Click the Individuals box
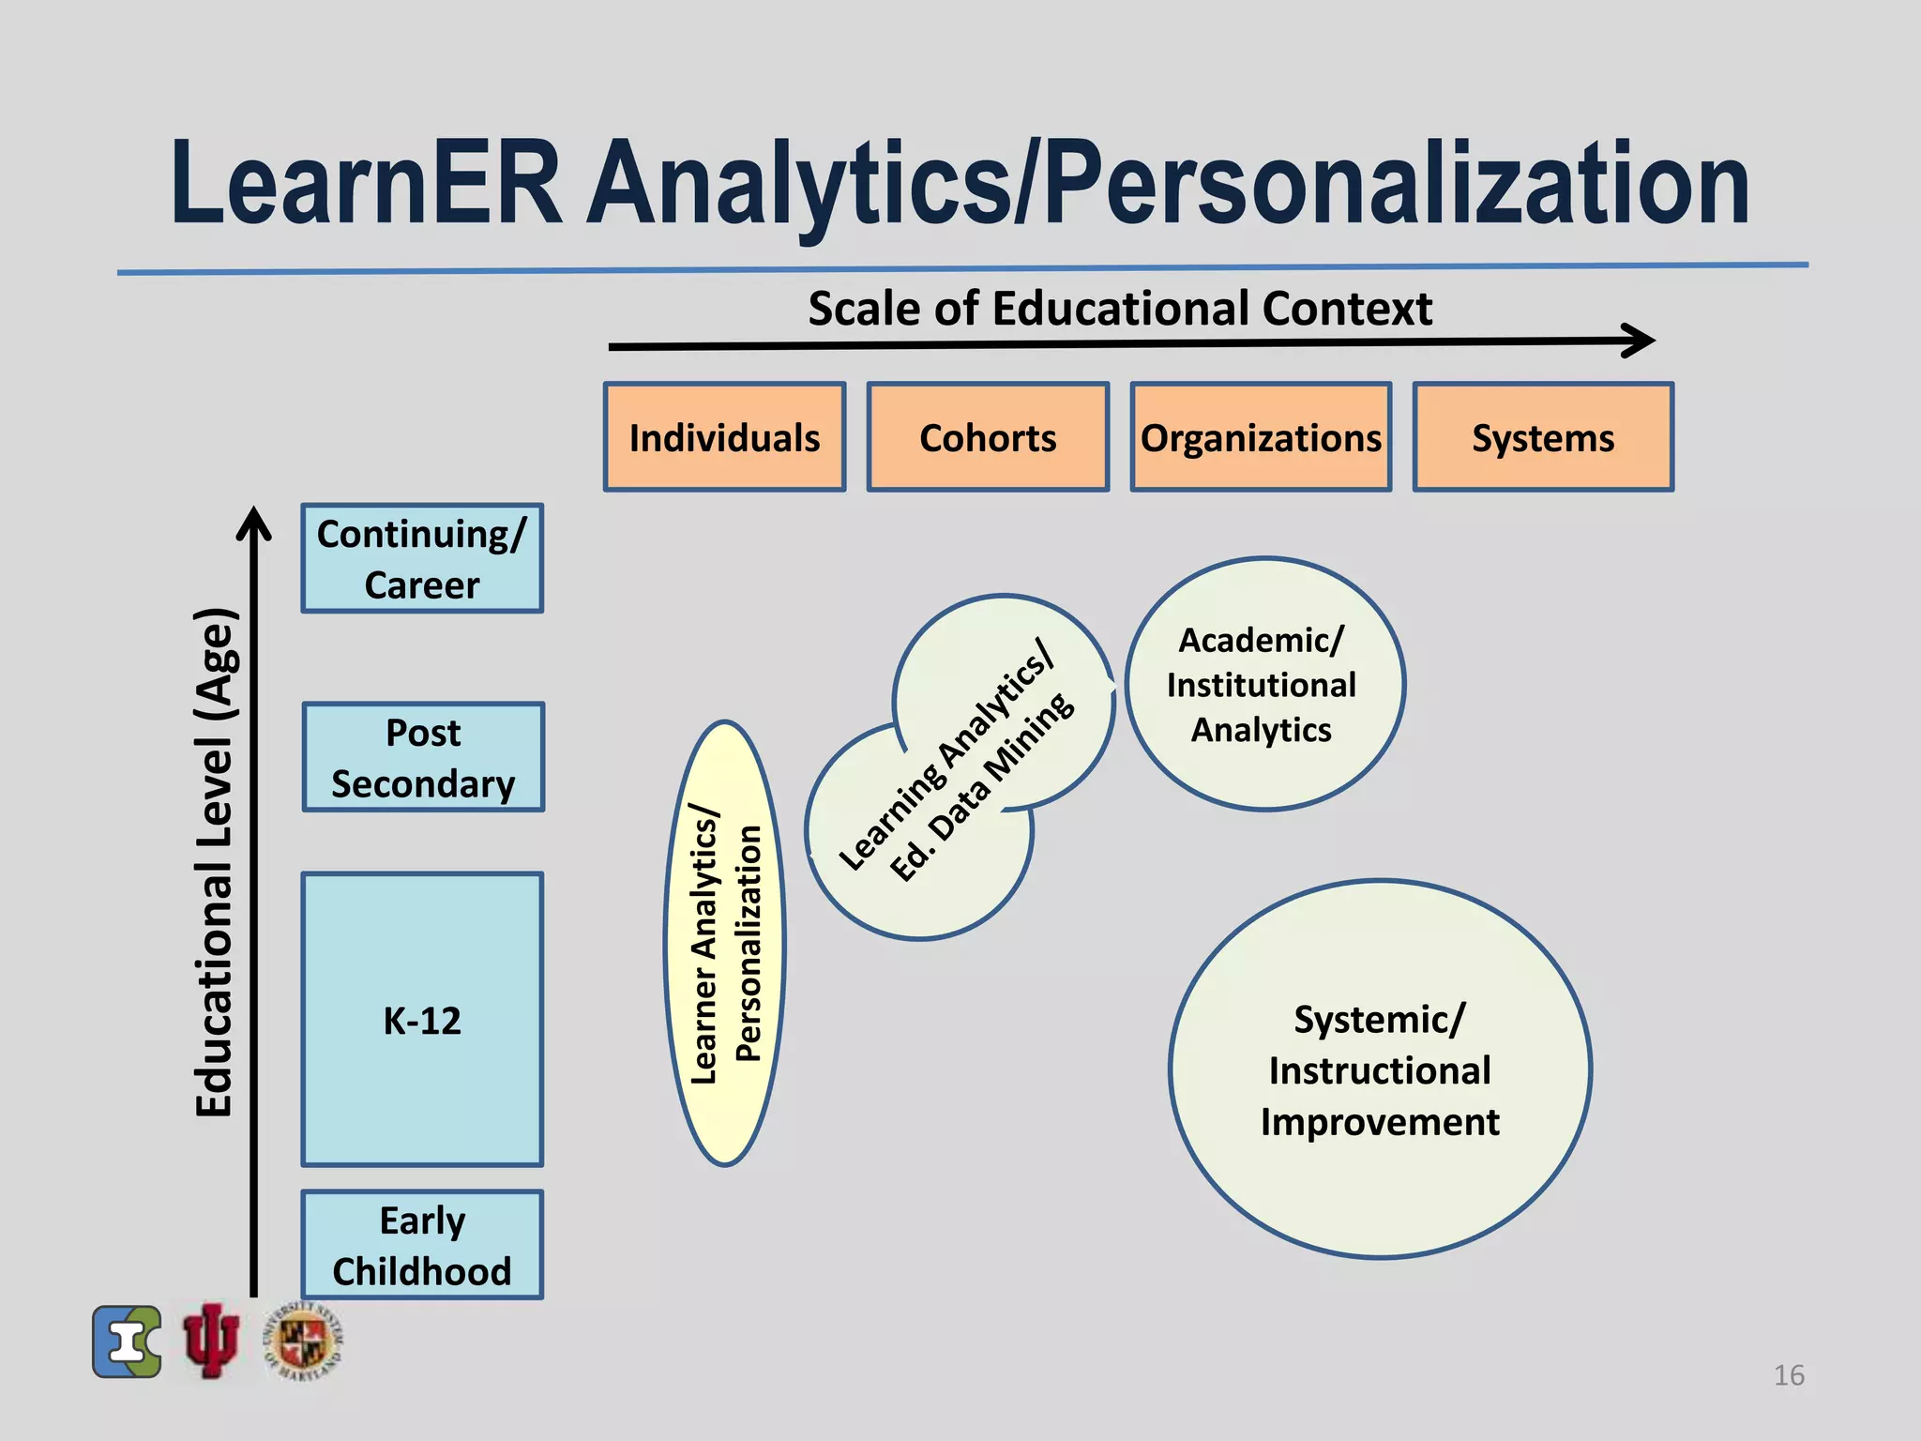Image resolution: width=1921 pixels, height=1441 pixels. point(724,437)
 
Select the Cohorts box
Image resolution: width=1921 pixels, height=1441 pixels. point(988,437)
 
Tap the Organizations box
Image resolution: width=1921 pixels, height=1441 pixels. point(1261,437)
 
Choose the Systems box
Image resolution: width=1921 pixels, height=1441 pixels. point(1543,437)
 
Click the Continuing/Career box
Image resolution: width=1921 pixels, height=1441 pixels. point(422,558)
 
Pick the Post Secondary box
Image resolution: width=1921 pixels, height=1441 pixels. point(423,757)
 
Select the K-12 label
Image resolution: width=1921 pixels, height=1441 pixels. point(422,1021)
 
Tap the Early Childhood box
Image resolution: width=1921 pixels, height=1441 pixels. point(422,1245)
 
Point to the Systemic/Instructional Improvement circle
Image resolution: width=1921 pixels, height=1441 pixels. point(1380,1069)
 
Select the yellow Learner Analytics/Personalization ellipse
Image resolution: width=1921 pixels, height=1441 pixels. point(725,944)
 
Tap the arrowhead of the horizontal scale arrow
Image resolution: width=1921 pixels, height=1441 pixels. point(1641,341)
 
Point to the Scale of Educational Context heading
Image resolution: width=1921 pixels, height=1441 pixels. point(1120,309)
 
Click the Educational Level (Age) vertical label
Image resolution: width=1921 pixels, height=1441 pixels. point(215,863)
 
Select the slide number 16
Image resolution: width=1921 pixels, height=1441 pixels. point(1789,1375)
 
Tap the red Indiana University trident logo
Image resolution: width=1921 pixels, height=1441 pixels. point(211,1341)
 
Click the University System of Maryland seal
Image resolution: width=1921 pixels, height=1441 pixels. point(302,1341)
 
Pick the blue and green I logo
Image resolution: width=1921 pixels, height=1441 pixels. point(128,1342)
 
